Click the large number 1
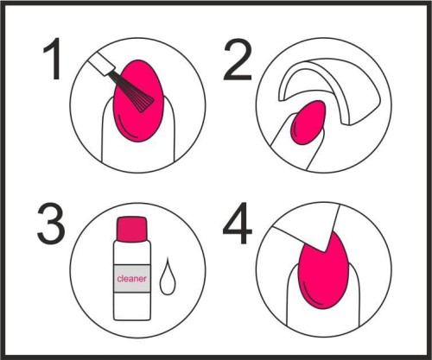(53, 59)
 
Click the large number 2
(238, 60)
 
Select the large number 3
(51, 224)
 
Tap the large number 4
(238, 223)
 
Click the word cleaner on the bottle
(132, 279)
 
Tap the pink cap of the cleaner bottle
(132, 229)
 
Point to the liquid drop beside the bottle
(168, 276)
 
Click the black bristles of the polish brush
(133, 91)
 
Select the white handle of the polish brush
(102, 63)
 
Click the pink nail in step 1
(139, 101)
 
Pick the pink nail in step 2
(308, 123)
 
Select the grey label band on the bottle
(132, 279)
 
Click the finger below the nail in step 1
(138, 154)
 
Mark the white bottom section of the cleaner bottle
(132, 306)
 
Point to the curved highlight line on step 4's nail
(311, 297)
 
